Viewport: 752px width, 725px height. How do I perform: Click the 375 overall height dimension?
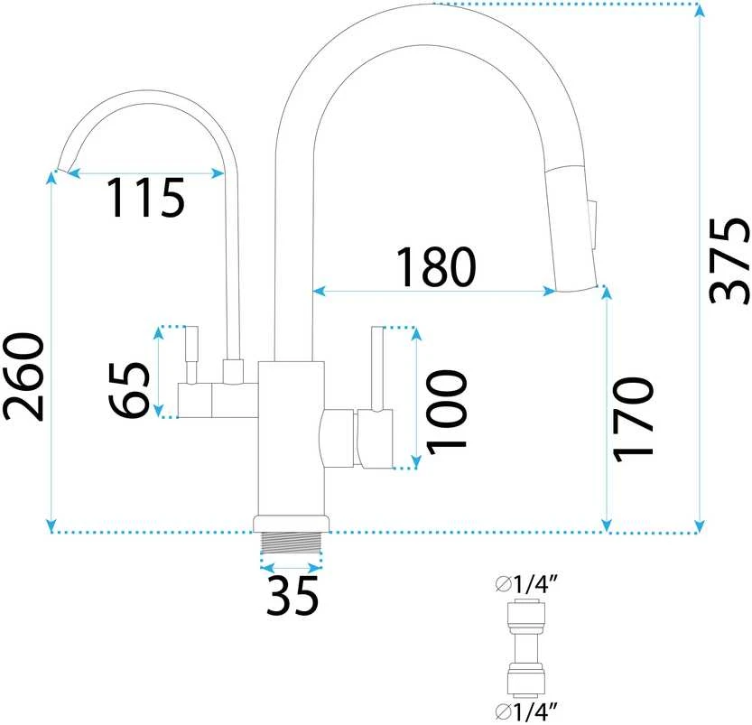coord(729,262)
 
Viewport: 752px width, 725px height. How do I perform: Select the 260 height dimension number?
coord(23,376)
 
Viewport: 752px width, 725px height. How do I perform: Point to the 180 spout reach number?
coord(435,266)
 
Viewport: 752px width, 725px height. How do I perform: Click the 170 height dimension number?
coord(633,420)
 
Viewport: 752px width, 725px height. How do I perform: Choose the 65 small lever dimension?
coord(128,389)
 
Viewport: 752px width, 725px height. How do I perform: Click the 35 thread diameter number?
coord(292,596)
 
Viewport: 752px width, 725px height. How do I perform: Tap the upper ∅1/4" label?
coord(527,584)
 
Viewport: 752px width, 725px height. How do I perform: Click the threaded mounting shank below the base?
coord(292,543)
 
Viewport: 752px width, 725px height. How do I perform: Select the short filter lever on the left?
coord(191,355)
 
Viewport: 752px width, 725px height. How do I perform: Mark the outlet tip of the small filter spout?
coord(63,171)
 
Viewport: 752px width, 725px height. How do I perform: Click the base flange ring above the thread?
coord(292,524)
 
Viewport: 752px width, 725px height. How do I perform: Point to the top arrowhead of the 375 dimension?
coord(701,10)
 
